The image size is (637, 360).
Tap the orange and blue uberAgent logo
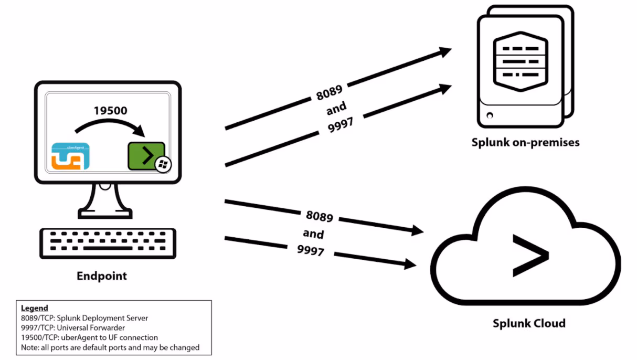click(70, 156)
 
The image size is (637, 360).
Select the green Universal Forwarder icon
click(146, 156)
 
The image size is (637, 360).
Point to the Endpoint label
click(102, 276)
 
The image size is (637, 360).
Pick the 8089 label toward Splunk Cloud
click(319, 216)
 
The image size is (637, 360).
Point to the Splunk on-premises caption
click(525, 142)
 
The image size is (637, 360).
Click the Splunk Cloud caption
click(529, 323)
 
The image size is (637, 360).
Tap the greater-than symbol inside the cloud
click(530, 256)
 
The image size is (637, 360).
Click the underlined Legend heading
click(34, 308)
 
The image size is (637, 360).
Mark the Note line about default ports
click(110, 347)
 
